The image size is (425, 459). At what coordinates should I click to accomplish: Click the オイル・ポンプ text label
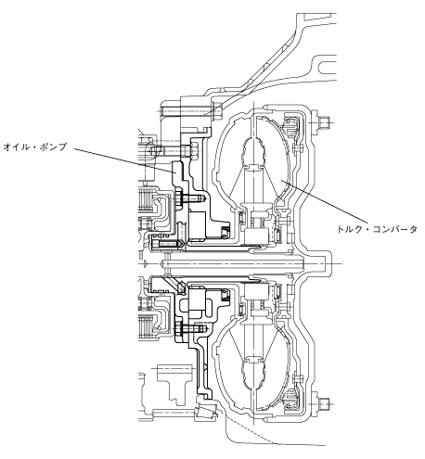point(35,147)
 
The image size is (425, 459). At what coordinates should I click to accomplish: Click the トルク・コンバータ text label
point(377,229)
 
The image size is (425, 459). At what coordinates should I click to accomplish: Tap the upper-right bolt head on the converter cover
point(324,122)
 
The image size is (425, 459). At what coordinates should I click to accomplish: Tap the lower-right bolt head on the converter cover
point(324,402)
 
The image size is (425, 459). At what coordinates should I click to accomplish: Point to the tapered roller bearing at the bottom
point(207,412)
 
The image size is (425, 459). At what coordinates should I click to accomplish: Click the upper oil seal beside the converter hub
point(225,232)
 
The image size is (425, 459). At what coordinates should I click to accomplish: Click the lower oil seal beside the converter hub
point(225,295)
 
